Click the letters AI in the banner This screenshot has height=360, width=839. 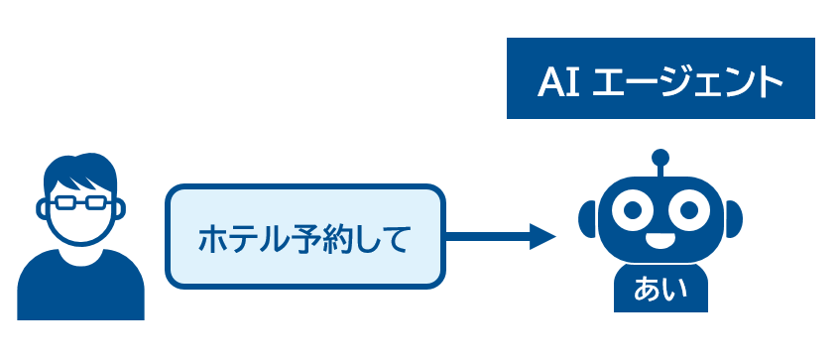558,82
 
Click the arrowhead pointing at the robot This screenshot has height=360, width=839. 542,236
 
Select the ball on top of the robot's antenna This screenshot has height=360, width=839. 660,157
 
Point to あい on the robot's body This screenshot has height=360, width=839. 660,290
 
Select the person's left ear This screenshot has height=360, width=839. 41,209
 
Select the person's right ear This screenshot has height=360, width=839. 120,209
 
